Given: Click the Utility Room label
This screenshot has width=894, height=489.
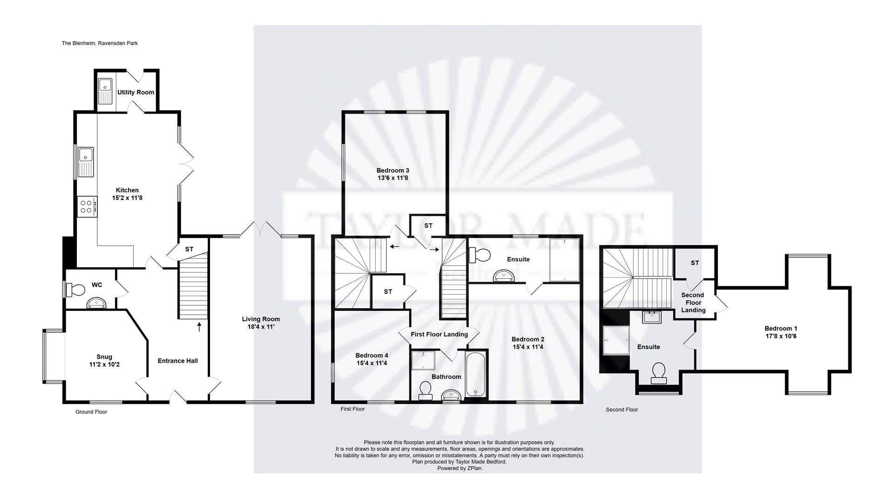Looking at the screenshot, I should (135, 92).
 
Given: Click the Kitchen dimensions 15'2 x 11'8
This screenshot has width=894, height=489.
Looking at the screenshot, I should (127, 198).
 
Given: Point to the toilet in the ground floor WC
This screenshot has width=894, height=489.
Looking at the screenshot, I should (76, 290).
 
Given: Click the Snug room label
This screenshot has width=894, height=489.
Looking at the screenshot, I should (104, 357).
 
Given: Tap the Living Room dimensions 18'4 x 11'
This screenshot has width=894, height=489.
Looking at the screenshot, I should (261, 327).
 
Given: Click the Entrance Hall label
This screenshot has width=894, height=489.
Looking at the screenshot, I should (177, 361).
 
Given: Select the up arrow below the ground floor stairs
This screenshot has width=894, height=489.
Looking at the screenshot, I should (200, 327).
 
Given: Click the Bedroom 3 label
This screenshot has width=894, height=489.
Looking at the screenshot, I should (393, 171).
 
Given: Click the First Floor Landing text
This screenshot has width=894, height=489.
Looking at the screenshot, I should (439, 334).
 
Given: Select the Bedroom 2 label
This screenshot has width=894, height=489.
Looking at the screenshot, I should (528, 339).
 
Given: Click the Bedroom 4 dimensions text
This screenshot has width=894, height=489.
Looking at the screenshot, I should (372, 363).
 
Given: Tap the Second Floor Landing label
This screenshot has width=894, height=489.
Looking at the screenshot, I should (693, 303).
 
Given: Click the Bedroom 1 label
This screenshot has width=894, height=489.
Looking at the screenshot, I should (781, 329).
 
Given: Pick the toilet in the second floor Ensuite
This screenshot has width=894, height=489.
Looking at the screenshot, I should (658, 373).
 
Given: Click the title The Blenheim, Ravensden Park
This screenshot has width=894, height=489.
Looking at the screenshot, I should (100, 43).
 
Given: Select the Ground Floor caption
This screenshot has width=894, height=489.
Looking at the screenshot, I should (91, 412).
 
